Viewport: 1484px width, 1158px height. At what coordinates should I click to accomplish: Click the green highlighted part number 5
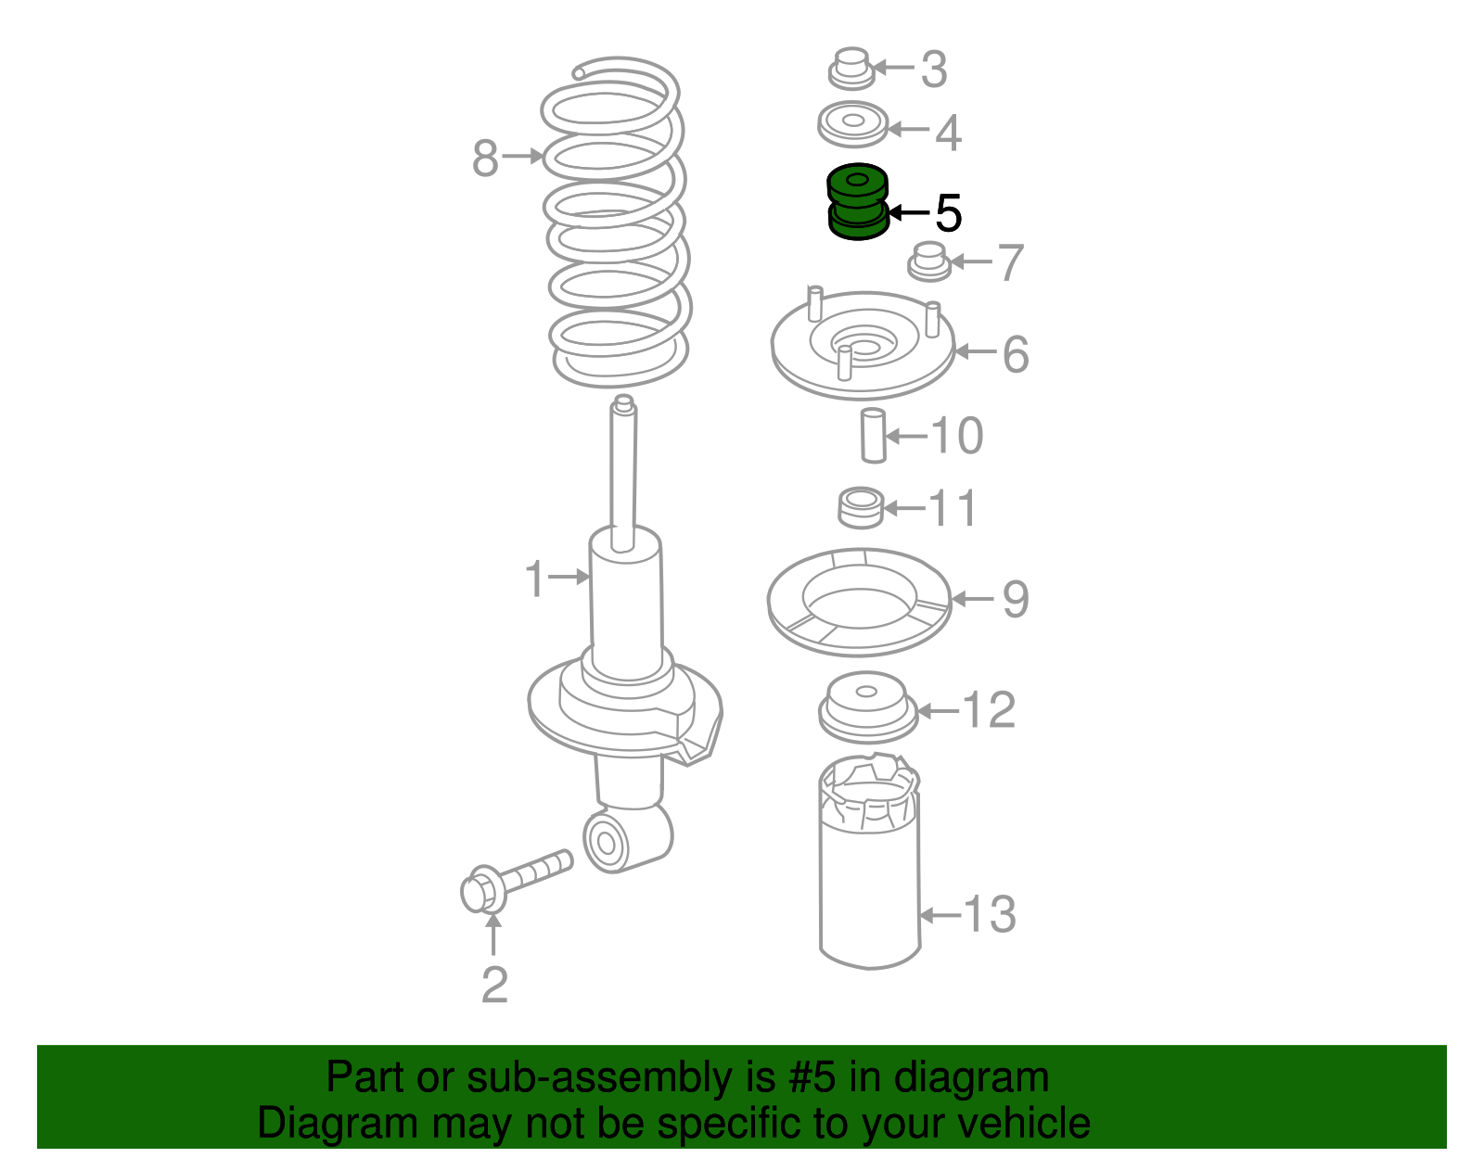tap(857, 202)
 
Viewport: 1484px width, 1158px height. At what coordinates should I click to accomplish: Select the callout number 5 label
tap(948, 213)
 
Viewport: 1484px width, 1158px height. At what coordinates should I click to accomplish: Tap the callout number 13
tap(989, 914)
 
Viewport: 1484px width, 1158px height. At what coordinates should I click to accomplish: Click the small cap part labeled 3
tap(851, 69)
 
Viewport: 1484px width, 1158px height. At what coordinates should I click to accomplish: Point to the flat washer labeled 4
tap(852, 124)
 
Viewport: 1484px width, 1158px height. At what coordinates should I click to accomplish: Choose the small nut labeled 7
tap(928, 261)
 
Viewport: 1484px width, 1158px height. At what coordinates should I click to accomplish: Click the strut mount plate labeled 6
tap(863, 345)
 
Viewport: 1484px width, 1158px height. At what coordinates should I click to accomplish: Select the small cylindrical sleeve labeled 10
tap(873, 436)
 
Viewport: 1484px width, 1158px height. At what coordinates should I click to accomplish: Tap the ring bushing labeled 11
tap(861, 508)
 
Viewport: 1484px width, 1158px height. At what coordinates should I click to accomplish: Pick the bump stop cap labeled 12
tap(868, 708)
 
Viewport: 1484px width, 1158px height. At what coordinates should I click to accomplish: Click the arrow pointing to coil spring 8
tap(522, 157)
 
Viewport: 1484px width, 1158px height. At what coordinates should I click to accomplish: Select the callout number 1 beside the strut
tap(535, 579)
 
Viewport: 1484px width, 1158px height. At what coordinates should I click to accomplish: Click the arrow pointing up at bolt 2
tap(493, 935)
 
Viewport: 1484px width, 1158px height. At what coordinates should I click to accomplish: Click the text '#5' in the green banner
tap(812, 1076)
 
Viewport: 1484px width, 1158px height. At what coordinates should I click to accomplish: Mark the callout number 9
tap(1016, 599)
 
